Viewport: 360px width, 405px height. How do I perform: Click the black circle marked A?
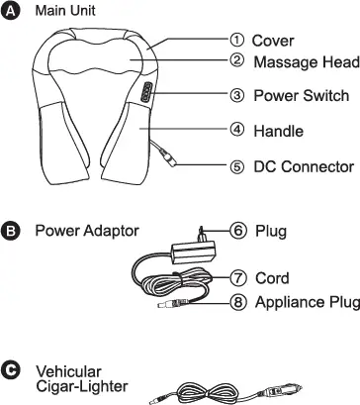11,11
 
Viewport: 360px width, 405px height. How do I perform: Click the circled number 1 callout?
237,40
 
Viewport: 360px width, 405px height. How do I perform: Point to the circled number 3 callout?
237,96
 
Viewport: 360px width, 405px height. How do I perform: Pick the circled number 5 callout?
237,166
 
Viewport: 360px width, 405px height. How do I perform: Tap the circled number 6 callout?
237,231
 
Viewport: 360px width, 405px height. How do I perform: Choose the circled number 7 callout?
237,278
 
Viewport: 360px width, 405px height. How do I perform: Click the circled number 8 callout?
237,301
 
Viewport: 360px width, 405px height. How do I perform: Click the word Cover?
273,41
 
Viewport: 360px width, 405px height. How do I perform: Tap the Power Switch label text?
301,96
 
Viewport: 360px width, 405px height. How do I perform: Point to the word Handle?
278,131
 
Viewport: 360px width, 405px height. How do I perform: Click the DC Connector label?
304,166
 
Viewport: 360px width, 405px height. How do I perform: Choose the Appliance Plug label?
307,301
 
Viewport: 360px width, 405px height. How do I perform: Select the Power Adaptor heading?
87,232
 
